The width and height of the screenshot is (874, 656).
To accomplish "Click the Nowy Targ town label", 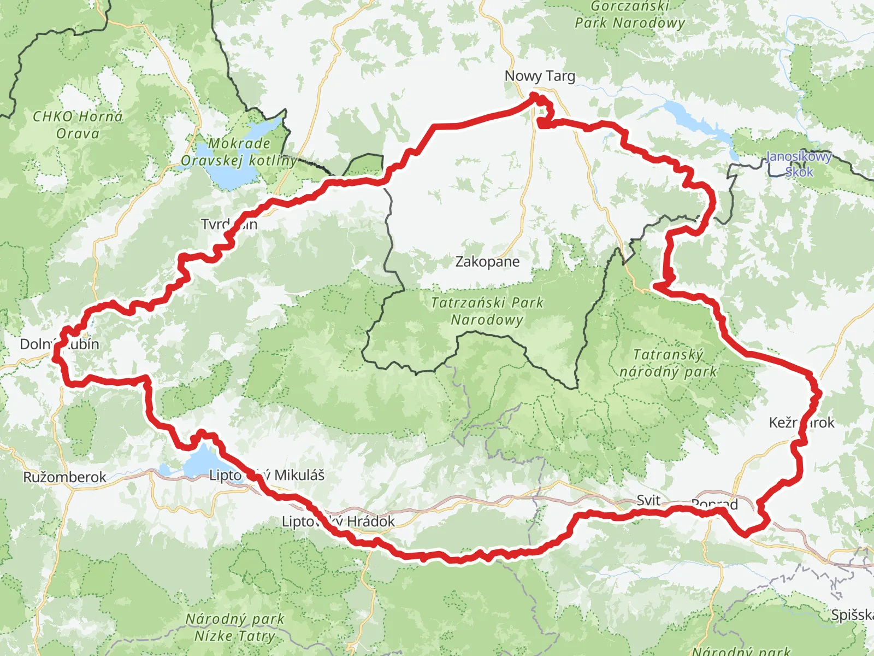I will (x=540, y=77).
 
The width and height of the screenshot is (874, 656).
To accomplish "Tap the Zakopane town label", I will (x=487, y=262).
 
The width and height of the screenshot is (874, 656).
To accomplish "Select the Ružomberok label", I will (x=64, y=477).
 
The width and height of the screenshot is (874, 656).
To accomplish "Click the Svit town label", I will (x=648, y=500).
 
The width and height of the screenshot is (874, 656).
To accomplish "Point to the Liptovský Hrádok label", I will (x=338, y=522).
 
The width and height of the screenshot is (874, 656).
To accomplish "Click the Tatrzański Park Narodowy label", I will (x=487, y=311).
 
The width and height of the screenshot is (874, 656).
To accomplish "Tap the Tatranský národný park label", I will (x=668, y=363).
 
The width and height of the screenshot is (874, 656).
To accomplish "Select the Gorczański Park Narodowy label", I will (x=630, y=15).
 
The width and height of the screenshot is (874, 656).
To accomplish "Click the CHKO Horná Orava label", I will (x=78, y=125).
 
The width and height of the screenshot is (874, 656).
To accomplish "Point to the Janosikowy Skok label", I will (x=799, y=164).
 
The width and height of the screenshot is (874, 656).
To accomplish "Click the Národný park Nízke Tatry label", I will (x=235, y=627).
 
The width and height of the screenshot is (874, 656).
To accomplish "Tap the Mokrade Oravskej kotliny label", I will (x=239, y=152).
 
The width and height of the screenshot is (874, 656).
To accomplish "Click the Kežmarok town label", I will (x=801, y=423).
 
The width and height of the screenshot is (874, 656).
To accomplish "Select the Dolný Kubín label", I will (x=59, y=344).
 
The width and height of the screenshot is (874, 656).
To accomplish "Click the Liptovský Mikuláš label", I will (x=267, y=475).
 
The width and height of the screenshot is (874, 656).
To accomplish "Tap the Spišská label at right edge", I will (x=852, y=615).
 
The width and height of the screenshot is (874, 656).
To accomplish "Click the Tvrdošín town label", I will (x=229, y=225).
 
